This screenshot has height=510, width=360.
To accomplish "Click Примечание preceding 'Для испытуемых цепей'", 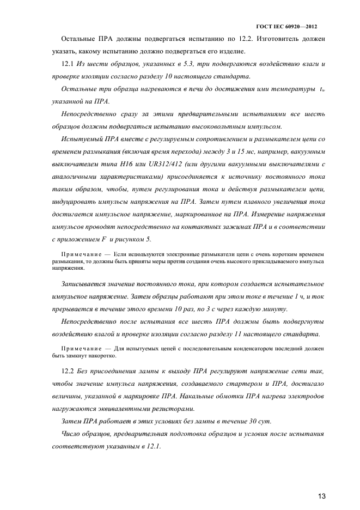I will coord(78,348).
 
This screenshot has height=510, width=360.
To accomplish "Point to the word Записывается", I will coord(79,284).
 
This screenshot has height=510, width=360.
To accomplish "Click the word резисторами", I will coord(176,409).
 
